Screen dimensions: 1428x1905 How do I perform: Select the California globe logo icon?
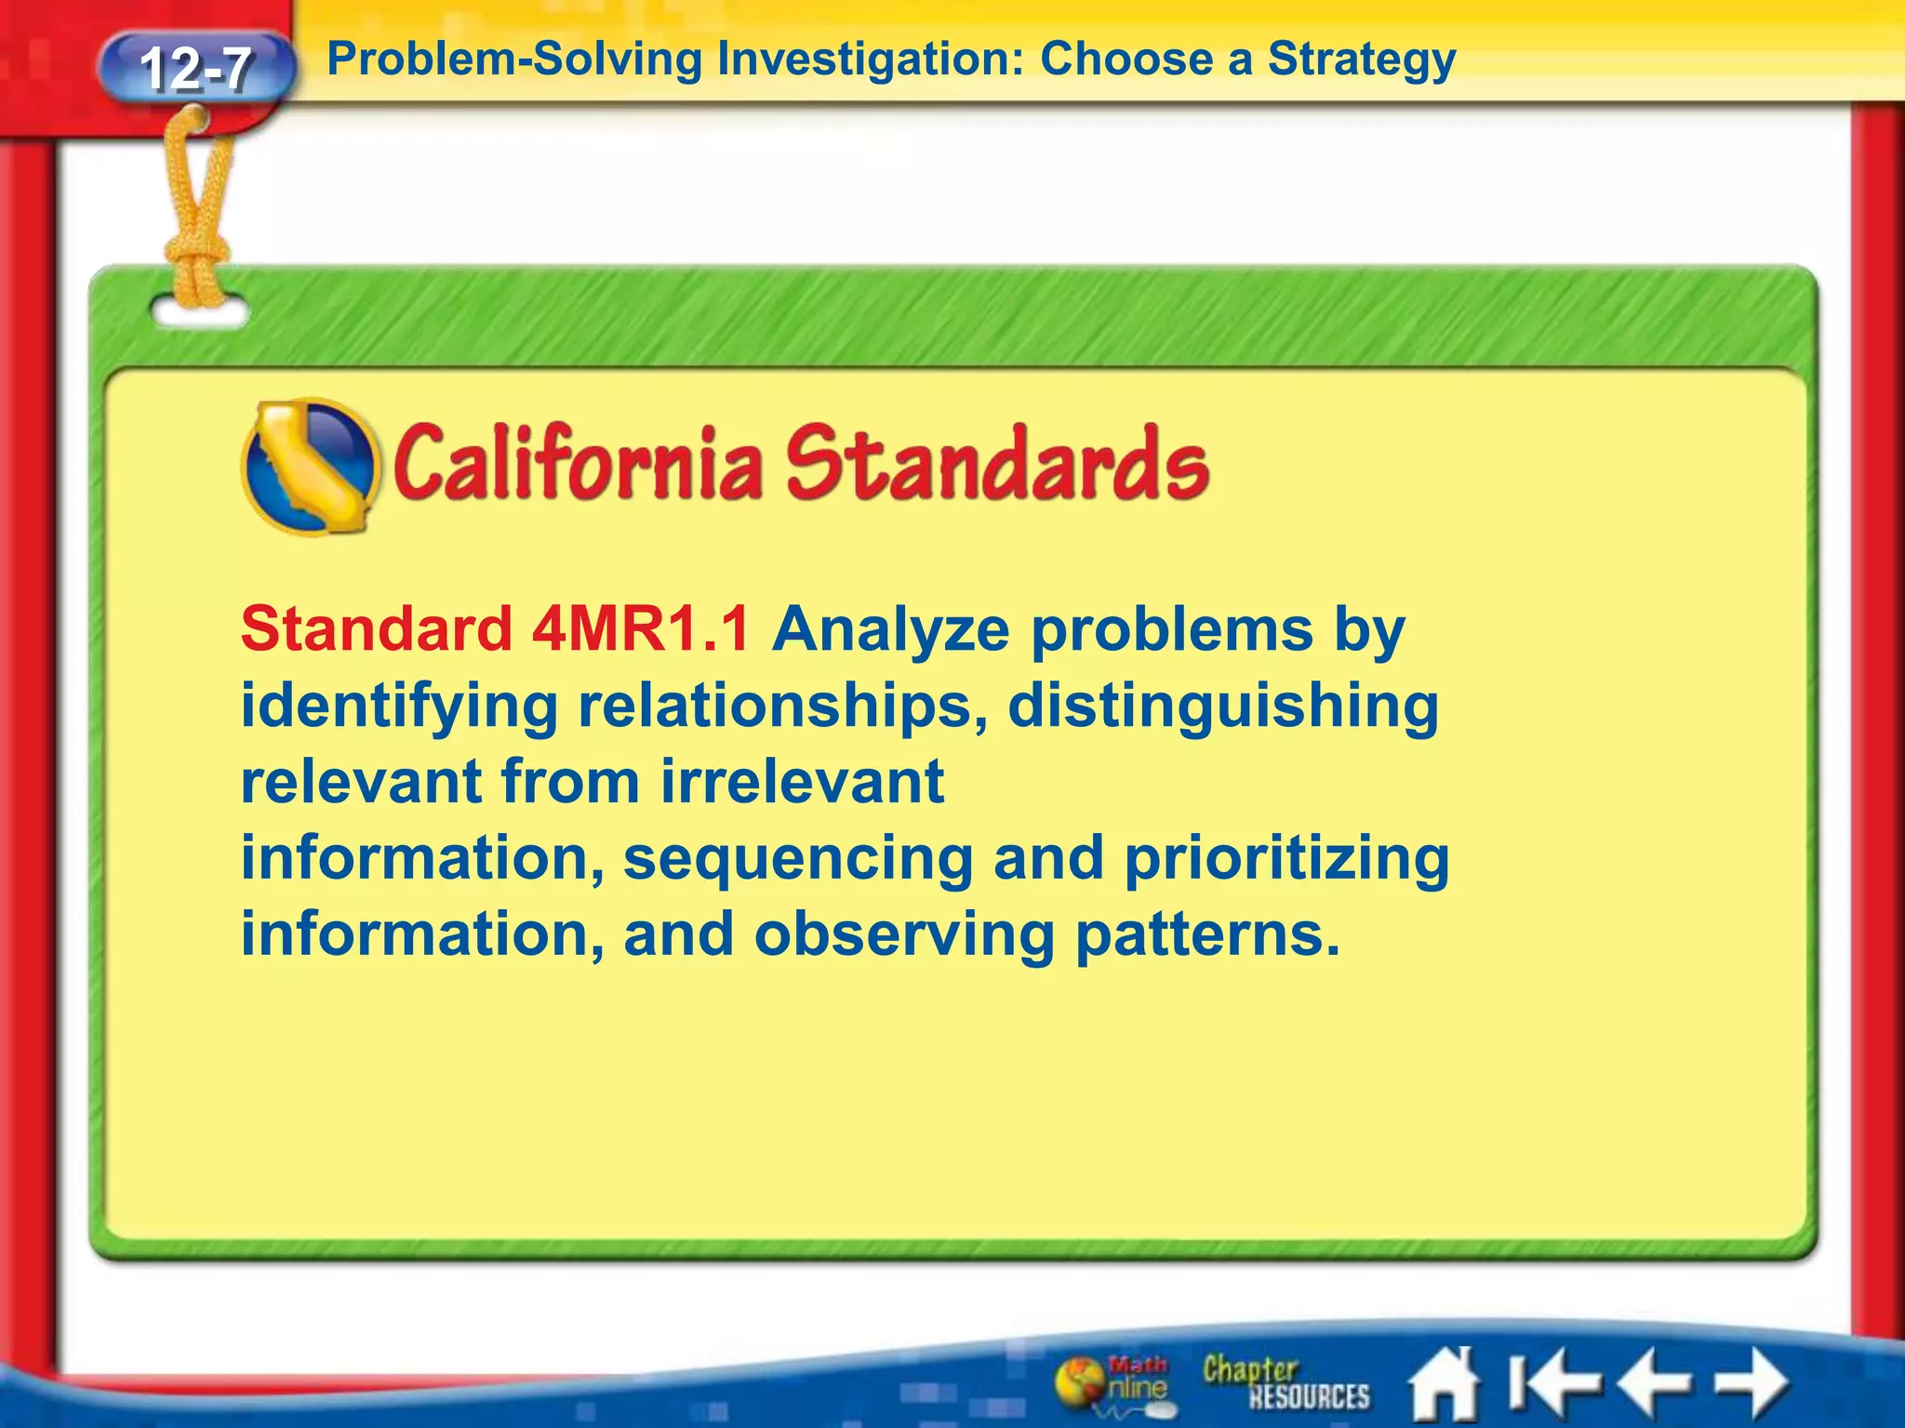(x=310, y=466)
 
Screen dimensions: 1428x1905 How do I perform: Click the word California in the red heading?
(x=578, y=463)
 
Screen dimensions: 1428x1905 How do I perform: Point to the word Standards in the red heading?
(x=996, y=463)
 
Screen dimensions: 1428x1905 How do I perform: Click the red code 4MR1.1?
(x=641, y=629)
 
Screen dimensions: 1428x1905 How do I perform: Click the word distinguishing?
(x=1222, y=707)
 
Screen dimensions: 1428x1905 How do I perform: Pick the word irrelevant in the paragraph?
(x=802, y=781)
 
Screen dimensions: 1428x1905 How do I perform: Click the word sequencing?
(x=797, y=859)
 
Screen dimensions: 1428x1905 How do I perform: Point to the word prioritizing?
(x=1286, y=859)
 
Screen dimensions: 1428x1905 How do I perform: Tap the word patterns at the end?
(x=1206, y=934)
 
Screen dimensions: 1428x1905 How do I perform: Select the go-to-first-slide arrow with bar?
(x=1550, y=1382)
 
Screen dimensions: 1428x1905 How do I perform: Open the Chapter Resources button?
(x=1285, y=1382)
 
